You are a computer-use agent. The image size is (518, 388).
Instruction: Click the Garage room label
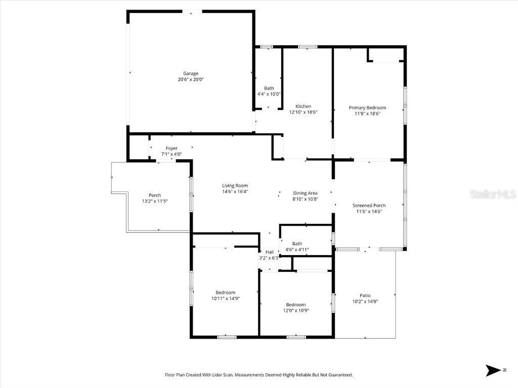click(x=191, y=73)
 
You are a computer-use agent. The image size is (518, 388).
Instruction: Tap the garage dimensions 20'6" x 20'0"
click(x=191, y=79)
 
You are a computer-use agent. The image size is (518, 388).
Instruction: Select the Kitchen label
click(x=303, y=106)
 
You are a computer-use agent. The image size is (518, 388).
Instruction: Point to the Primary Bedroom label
click(x=367, y=108)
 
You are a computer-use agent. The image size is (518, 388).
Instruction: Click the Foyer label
click(x=171, y=148)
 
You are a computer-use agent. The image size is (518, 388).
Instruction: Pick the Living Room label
click(x=235, y=185)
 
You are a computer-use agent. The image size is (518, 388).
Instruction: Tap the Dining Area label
click(x=306, y=193)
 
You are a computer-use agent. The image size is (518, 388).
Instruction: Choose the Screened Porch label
click(x=369, y=206)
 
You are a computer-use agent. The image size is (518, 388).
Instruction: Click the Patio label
click(x=365, y=296)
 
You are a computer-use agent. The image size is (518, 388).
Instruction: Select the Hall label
click(x=269, y=252)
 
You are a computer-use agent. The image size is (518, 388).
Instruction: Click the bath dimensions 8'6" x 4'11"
click(x=297, y=250)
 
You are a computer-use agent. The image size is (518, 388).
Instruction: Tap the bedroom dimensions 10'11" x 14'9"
click(x=225, y=299)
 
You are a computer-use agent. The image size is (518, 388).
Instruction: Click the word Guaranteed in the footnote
click(x=339, y=375)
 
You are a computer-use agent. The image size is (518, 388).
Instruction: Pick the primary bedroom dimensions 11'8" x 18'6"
click(x=367, y=114)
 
